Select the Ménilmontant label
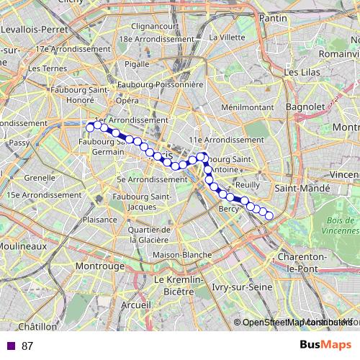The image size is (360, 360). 228,107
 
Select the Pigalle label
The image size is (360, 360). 137,63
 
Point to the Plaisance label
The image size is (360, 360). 99,220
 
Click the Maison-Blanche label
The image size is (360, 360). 181,255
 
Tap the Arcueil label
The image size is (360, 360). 136,305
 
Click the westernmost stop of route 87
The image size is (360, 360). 91,127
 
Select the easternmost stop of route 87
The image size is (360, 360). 269,215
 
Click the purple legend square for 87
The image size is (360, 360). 10,346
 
